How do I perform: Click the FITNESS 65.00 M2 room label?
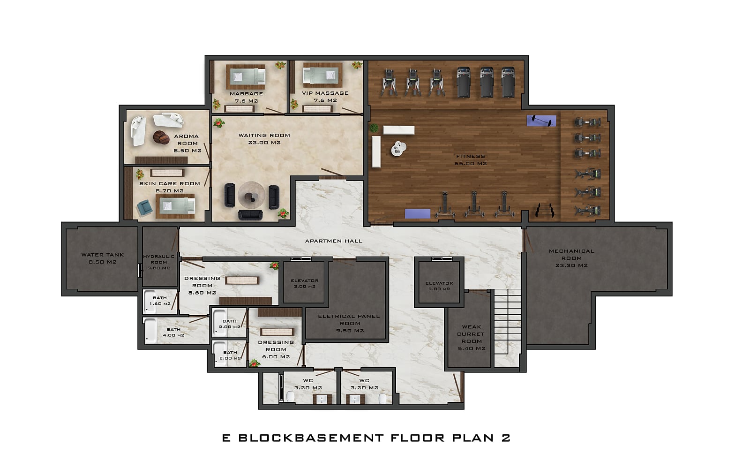coord(471,160)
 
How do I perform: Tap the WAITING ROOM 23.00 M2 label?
coord(264,139)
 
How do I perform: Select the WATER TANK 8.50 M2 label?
coord(103,258)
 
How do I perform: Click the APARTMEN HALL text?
coord(333,241)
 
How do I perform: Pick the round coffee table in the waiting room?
coord(251,195)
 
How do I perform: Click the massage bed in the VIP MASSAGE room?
coord(320,76)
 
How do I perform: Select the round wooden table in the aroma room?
coord(161,137)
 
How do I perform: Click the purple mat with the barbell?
coord(541,121)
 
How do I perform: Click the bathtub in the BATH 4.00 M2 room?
coord(150,331)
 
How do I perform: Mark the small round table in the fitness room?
coord(398,148)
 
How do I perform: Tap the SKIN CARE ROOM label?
coord(170,183)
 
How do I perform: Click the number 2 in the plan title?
coord(506,438)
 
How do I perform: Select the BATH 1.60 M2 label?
coord(160,301)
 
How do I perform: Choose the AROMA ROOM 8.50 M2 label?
coord(187,144)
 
